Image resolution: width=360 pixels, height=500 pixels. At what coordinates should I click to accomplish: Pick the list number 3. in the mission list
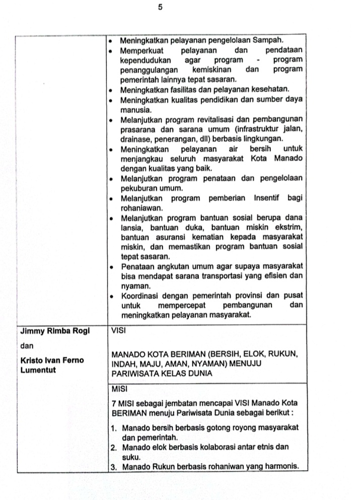[114, 466]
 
